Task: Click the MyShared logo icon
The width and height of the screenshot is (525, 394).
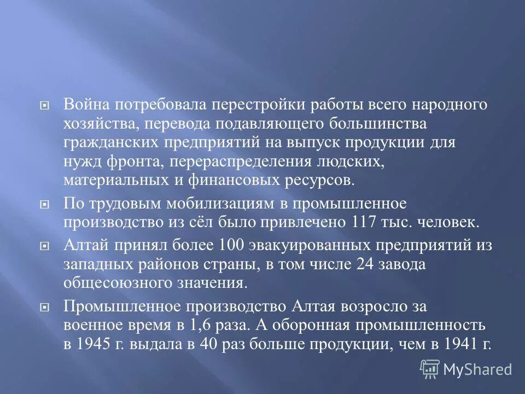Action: [x=429, y=369]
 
